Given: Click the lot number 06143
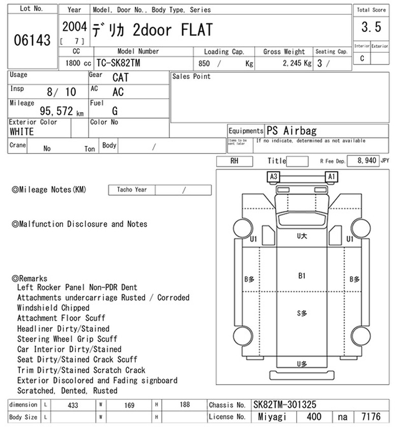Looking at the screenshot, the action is (x=32, y=40).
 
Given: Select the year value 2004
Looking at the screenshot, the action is (x=74, y=27).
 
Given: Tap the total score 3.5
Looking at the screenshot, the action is (x=371, y=27).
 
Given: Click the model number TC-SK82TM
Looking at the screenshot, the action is (x=119, y=63).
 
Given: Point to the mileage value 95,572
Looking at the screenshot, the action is (x=56, y=111).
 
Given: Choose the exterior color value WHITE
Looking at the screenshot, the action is (x=22, y=132).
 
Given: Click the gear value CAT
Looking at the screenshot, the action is (x=121, y=77).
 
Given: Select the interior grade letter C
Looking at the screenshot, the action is (x=362, y=58).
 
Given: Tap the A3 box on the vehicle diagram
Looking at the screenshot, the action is (x=274, y=176).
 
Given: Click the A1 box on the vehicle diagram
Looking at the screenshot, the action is (x=331, y=176).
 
